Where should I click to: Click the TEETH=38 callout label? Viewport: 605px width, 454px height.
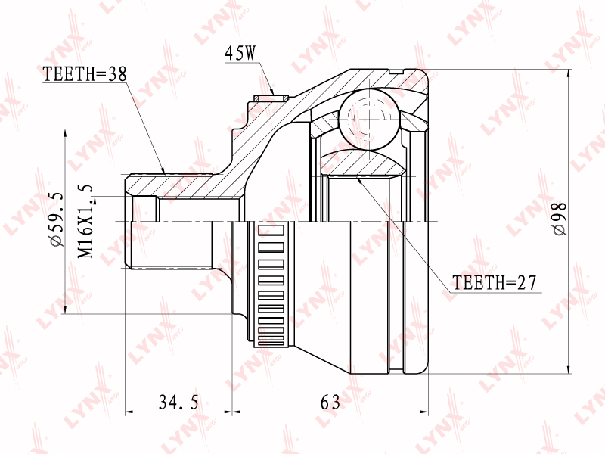[85, 73]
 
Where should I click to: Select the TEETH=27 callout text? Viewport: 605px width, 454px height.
[495, 282]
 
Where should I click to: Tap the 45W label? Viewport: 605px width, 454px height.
[240, 53]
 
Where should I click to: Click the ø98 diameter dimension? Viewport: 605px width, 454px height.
[560, 219]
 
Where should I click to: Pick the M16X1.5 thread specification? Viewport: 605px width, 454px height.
[85, 221]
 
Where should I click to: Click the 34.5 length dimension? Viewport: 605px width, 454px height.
[178, 403]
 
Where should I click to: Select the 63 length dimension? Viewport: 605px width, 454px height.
[330, 403]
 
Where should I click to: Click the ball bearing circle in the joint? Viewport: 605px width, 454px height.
[369, 119]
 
